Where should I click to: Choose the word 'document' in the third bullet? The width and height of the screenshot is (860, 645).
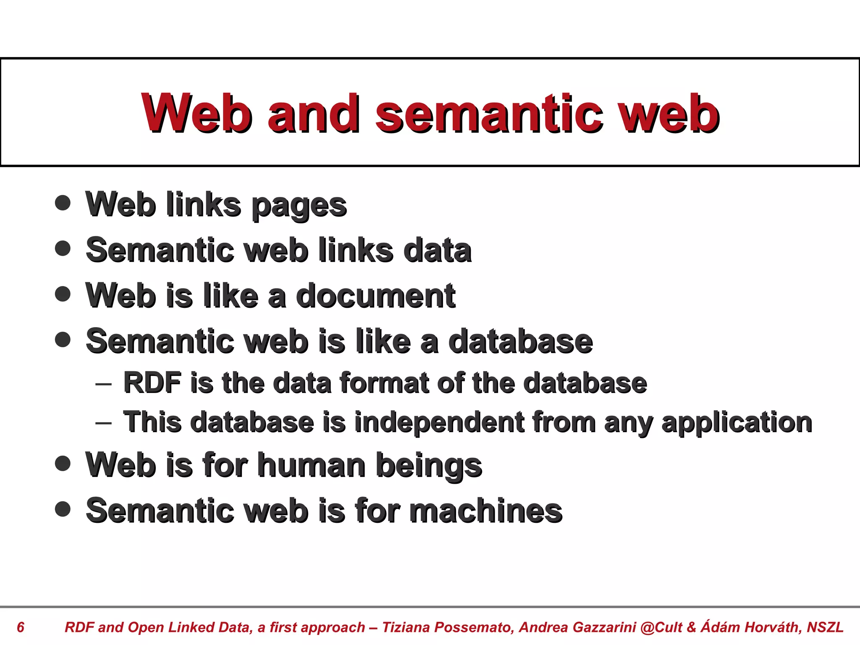coord(375,296)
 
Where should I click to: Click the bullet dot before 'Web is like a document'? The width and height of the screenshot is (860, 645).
coord(63,294)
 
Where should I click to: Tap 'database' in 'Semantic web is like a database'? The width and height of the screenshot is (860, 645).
coord(520,341)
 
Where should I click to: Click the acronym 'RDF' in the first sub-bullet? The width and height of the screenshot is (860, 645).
coord(152,383)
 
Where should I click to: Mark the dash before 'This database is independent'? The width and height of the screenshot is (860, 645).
coord(103,422)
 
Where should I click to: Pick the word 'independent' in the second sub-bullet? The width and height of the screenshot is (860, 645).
coord(439,422)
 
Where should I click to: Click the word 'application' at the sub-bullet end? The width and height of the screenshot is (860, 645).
coord(737,422)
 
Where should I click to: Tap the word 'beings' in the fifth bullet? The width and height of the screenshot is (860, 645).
coord(429,466)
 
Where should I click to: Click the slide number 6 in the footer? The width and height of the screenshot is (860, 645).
coord(21,627)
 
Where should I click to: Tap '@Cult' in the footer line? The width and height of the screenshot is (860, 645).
coord(661,627)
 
